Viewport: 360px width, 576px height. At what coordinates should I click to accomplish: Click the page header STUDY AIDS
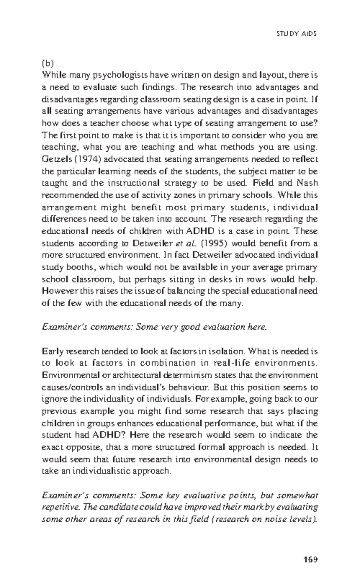(296, 34)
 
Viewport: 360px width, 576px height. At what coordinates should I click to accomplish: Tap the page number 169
(310, 551)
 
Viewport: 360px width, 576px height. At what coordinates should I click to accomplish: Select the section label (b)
(47, 63)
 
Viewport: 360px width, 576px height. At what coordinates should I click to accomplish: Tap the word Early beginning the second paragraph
(52, 351)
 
